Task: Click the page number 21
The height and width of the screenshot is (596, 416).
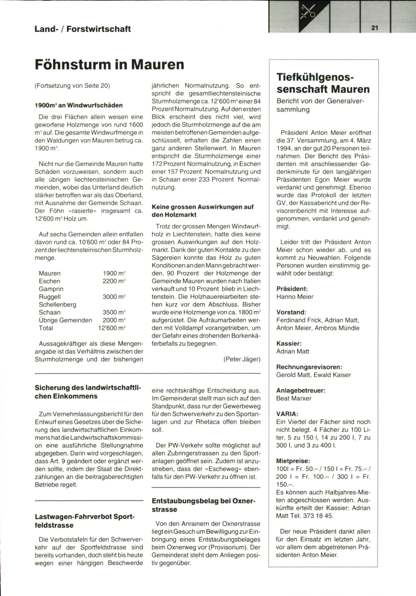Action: (x=374, y=28)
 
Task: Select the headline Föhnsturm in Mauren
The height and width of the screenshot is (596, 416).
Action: (x=110, y=65)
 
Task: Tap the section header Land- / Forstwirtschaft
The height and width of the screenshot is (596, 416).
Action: (x=83, y=29)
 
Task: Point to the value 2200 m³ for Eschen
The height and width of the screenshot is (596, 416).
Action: (x=114, y=281)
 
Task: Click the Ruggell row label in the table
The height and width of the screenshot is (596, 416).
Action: (x=50, y=297)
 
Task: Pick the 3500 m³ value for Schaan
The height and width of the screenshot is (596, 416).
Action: (x=114, y=312)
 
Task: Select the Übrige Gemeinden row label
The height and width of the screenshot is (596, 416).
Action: (x=65, y=320)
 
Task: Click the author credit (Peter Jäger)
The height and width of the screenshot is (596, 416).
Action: (x=242, y=359)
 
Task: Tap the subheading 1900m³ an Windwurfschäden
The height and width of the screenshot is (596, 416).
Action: (x=79, y=105)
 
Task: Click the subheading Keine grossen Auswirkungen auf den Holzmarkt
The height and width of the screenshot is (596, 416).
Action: (x=202, y=211)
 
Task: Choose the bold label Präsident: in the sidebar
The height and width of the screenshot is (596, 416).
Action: (x=292, y=289)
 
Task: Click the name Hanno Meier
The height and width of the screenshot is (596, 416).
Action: (x=295, y=297)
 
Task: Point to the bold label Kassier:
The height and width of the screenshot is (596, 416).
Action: (x=289, y=343)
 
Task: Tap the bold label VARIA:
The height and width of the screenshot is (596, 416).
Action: (x=287, y=414)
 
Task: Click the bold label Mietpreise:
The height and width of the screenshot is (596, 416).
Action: (x=293, y=461)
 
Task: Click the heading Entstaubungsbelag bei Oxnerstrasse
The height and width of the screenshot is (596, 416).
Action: (x=203, y=505)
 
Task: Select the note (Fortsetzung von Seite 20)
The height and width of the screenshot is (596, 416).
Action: (x=72, y=86)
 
